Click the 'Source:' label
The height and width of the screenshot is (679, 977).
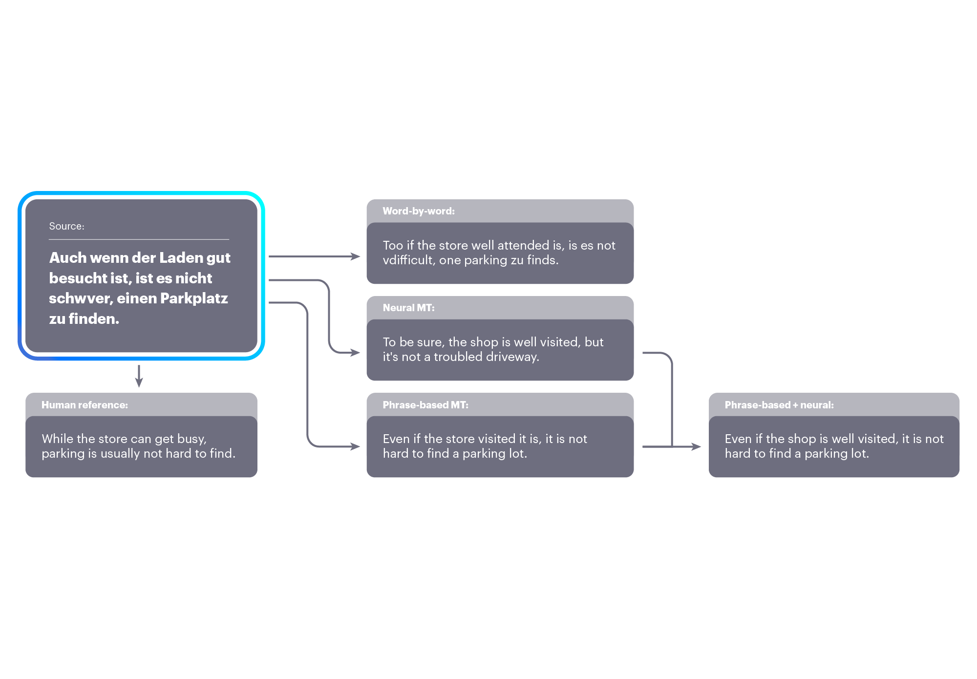(x=66, y=226)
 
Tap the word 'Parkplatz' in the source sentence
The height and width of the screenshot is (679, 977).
(x=194, y=298)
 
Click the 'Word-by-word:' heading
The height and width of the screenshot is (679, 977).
(x=419, y=211)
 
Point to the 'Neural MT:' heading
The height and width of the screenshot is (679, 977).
(x=408, y=308)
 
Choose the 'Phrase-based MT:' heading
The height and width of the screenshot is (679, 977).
(x=425, y=405)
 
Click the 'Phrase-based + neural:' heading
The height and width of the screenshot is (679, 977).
(x=779, y=405)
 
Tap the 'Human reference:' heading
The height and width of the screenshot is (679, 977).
(x=85, y=405)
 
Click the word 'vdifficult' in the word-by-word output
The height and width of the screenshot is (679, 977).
(x=408, y=260)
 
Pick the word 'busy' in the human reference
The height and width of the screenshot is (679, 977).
(x=191, y=440)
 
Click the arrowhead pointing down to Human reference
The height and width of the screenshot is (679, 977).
(x=139, y=382)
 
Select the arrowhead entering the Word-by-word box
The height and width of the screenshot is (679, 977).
(x=355, y=256)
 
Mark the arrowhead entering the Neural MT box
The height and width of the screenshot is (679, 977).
(x=355, y=353)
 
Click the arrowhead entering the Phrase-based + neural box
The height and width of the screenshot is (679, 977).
(x=696, y=446)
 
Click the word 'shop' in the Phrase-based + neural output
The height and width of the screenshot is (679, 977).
(x=802, y=440)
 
